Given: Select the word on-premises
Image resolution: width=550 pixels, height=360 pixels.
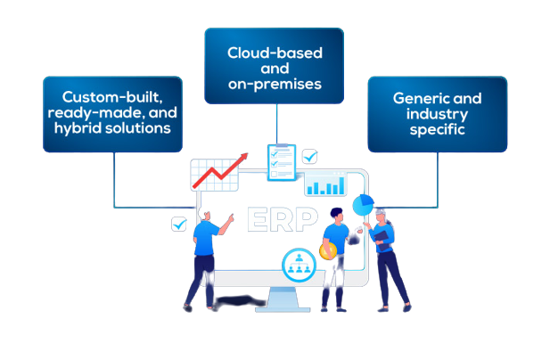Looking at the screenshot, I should point(274,86).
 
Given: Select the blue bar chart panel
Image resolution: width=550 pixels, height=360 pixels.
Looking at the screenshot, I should point(324,184).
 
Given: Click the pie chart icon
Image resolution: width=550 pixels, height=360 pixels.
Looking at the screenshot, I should point(363,205).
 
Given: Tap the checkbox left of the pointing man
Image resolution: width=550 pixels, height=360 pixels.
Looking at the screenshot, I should point(178,224).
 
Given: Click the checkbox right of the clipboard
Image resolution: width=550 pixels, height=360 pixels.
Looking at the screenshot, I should point(309,157).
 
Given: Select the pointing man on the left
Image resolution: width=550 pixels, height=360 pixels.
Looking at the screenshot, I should point(203,258).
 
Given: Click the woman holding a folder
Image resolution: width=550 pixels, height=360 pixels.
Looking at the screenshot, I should point(385,258).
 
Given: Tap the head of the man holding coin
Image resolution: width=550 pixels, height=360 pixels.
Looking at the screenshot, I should point(335,215).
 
